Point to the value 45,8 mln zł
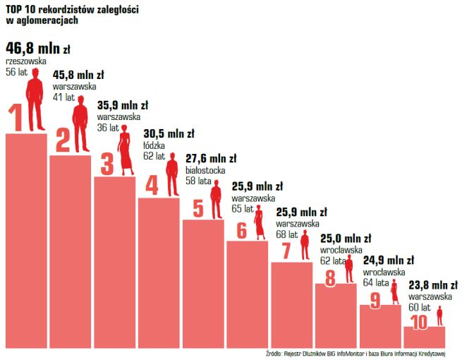click(x=78, y=73)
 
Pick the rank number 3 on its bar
click(x=107, y=164)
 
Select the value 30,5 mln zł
click(x=169, y=133)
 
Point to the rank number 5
click(x=197, y=208)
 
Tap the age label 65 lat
click(x=242, y=209)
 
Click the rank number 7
click(x=286, y=251)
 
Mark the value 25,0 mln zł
click(x=346, y=238)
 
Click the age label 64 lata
click(x=377, y=282)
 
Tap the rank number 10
click(x=419, y=322)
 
